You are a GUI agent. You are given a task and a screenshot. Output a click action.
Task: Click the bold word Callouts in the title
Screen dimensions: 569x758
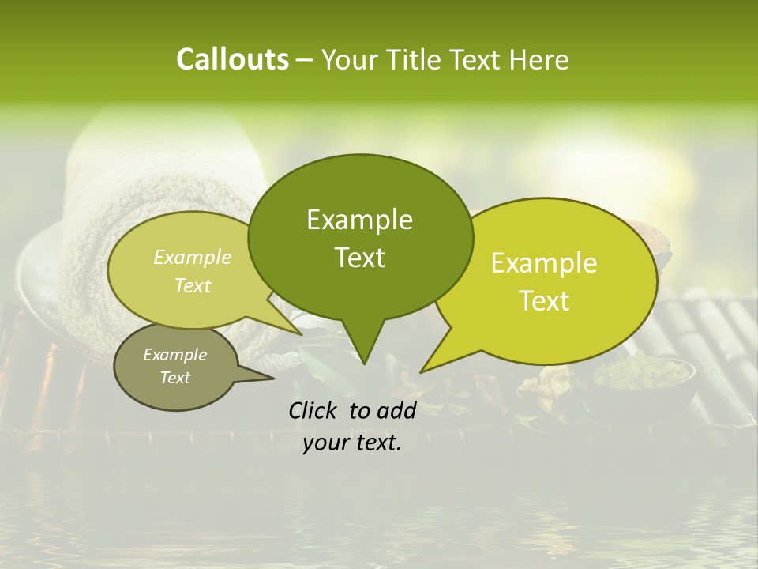[x=232, y=60]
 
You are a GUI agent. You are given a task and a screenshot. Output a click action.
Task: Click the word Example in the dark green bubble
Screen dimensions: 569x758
[x=359, y=220]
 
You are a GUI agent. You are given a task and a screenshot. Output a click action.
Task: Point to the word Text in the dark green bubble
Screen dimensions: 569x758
[x=359, y=257]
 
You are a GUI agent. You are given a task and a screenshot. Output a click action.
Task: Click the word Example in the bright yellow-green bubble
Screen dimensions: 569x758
[x=544, y=263]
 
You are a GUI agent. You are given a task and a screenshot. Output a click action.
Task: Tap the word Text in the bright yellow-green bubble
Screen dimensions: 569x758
[x=544, y=300]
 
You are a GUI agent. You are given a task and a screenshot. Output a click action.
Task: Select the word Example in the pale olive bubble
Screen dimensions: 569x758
[x=193, y=257]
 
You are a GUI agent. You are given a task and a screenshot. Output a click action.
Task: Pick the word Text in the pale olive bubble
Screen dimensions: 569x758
[x=193, y=285]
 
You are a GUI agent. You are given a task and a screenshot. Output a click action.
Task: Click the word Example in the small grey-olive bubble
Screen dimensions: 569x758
[x=174, y=355]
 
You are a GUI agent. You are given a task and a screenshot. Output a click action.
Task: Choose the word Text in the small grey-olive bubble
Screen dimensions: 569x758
[x=174, y=378]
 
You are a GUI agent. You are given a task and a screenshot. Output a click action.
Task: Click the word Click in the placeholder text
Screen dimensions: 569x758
[x=313, y=410]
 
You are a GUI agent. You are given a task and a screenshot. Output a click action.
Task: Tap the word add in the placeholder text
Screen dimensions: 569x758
[x=397, y=410]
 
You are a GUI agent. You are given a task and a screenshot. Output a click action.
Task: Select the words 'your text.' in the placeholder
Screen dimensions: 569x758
[x=352, y=443]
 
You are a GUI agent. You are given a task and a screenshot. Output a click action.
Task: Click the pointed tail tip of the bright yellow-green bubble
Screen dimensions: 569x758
[x=421, y=371]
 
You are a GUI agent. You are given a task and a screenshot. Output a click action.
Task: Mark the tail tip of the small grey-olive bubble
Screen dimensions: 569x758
[x=273, y=378]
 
